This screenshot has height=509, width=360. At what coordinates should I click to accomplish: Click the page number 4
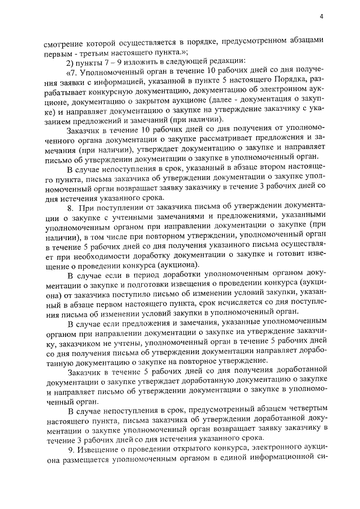click(321, 17)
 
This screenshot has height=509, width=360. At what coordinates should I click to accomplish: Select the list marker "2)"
click(71, 61)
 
